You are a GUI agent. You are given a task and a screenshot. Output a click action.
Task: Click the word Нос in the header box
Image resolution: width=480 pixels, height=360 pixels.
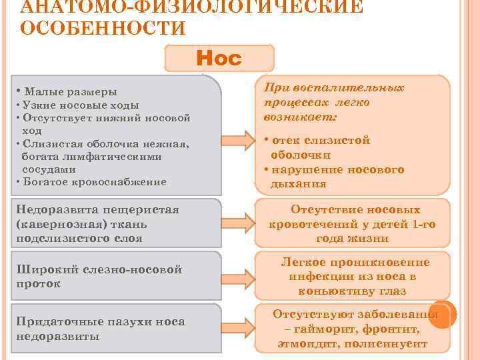(219, 59)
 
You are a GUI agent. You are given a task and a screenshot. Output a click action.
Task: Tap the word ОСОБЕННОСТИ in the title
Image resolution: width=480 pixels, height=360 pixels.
(103, 29)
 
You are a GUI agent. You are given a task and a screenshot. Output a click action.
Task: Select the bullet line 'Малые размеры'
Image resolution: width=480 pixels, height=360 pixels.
(69, 91)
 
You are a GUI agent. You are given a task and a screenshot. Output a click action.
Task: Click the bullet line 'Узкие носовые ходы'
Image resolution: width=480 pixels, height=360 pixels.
(81, 105)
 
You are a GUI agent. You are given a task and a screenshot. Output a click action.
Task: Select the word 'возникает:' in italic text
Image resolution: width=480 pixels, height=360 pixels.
(301, 116)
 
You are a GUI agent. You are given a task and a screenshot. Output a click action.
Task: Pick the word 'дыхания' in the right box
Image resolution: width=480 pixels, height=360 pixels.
(299, 184)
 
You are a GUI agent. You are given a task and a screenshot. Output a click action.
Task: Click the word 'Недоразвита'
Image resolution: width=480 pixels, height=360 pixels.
(53, 211)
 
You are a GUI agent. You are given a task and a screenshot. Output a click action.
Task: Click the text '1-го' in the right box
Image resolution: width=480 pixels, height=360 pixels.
(423, 224)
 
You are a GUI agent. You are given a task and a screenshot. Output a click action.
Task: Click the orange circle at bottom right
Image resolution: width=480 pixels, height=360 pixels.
(442, 314)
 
